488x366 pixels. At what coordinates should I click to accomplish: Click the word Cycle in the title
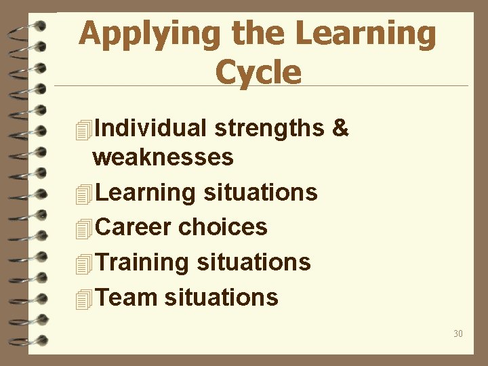point(258,72)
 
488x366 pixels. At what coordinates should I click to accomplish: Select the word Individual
point(151,127)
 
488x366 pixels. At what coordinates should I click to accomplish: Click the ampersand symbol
point(341,127)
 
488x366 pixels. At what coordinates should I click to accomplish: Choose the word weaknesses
point(163,157)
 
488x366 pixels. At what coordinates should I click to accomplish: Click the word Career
point(134,227)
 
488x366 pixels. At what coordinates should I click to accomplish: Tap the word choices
point(222,227)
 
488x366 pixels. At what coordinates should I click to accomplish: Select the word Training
point(142,262)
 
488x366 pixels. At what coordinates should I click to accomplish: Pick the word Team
point(127,297)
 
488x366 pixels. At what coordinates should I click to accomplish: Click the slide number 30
point(458,333)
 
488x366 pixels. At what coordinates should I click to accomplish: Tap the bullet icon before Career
point(83,228)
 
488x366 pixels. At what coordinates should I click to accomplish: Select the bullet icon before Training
point(83,263)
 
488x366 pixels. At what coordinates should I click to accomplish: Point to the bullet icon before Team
point(83,298)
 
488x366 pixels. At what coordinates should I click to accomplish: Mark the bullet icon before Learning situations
point(83,194)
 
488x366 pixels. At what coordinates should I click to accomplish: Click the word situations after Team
point(221,297)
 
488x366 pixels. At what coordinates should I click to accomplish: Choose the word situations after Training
point(253,262)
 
